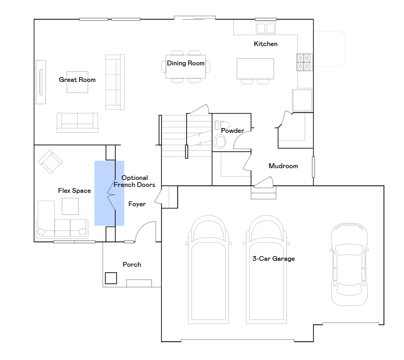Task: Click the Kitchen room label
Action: click(x=265, y=44)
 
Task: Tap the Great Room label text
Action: click(x=77, y=80)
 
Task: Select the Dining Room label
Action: click(x=186, y=63)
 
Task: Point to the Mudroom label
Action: click(x=283, y=166)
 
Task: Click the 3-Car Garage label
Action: click(x=273, y=259)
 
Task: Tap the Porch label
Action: click(x=132, y=265)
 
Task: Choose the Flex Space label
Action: click(x=74, y=191)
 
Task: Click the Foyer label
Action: click(x=137, y=204)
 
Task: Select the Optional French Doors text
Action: click(x=134, y=181)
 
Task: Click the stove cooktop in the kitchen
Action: click(x=304, y=62)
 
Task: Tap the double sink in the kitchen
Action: click(x=265, y=28)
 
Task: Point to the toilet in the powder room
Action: click(x=222, y=125)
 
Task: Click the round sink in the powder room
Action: click(x=220, y=142)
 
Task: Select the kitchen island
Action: click(x=255, y=69)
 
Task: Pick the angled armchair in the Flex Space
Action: click(x=50, y=162)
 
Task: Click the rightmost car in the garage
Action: click(x=349, y=264)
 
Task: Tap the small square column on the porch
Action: click(x=111, y=278)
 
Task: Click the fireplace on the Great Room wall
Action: click(x=41, y=82)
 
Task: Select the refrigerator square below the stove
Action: click(x=302, y=100)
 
